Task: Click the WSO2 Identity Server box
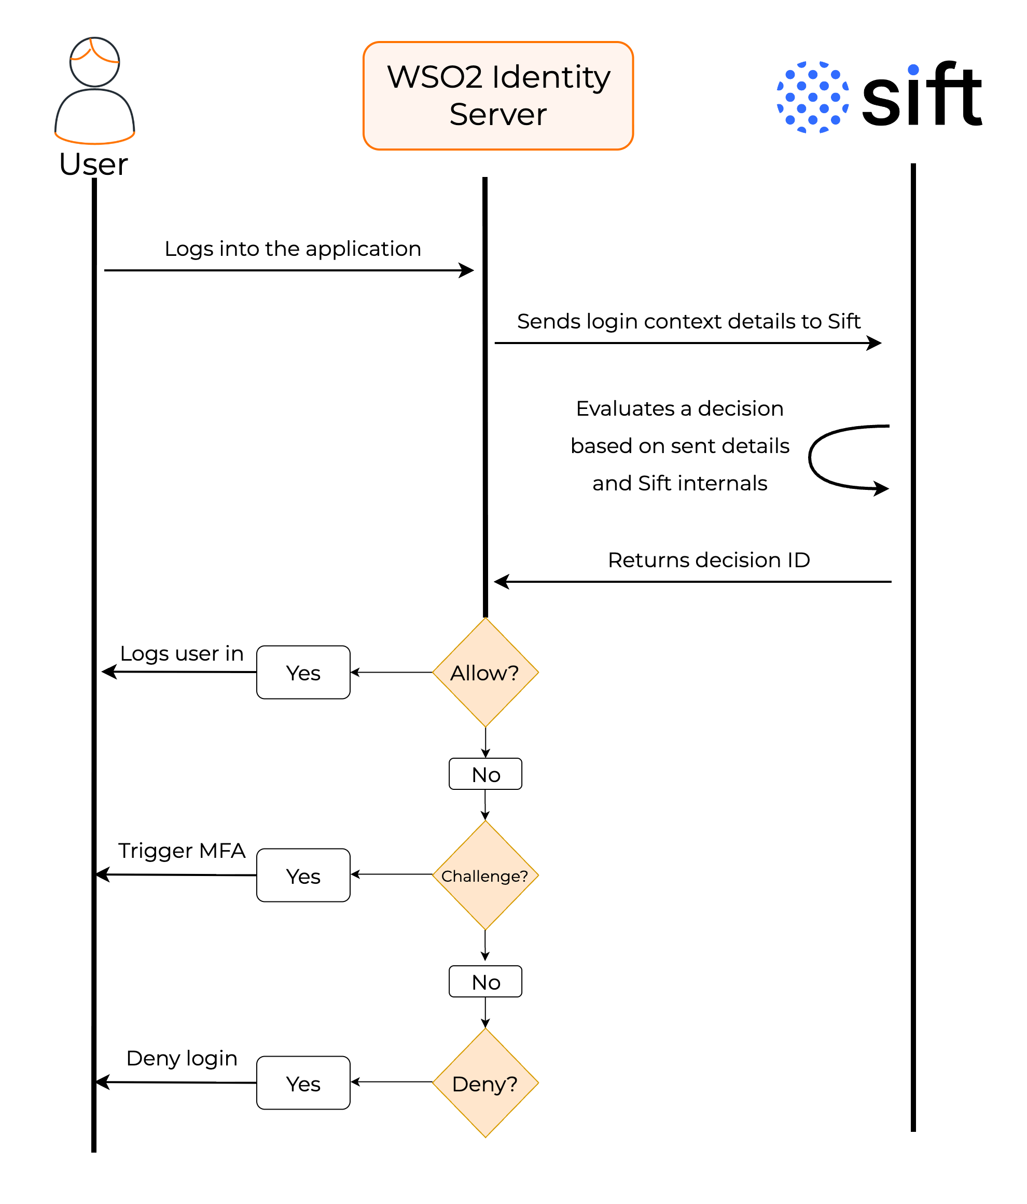point(498,96)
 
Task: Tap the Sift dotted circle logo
point(813,97)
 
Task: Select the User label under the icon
point(93,164)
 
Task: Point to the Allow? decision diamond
point(485,672)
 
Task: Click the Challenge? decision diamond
point(485,875)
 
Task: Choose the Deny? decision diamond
point(485,1083)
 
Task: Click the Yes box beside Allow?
point(303,672)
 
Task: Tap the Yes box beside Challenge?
point(303,875)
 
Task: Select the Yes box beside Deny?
point(303,1083)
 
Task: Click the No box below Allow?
point(485,774)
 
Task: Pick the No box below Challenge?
point(485,981)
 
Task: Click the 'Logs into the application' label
point(293,249)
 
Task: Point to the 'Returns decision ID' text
point(709,560)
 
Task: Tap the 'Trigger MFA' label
point(182,851)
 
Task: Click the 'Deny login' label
point(182,1059)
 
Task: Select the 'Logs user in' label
point(182,654)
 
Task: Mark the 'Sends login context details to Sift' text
point(688,321)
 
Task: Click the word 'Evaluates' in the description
point(625,408)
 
